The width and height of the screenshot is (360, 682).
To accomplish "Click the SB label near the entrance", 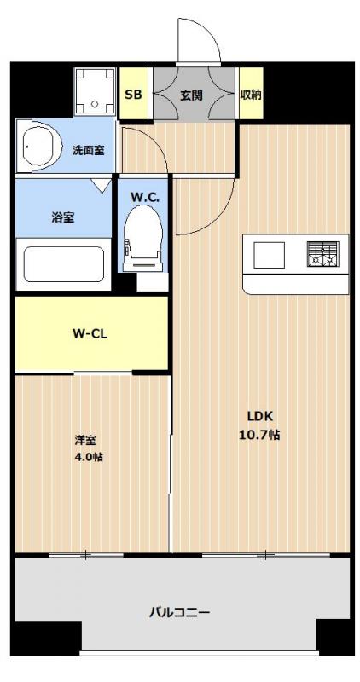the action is click(133, 95).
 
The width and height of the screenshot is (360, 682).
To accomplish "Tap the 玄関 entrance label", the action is click(192, 95).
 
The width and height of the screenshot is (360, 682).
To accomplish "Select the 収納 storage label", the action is click(251, 95).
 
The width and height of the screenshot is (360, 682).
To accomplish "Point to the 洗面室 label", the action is click(88, 151).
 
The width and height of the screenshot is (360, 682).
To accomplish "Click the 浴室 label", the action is click(63, 217).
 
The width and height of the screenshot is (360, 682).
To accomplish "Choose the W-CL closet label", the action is click(90, 334).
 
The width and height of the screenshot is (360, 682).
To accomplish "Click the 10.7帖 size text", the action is click(259, 435).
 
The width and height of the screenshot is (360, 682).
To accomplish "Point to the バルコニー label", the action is click(180, 613).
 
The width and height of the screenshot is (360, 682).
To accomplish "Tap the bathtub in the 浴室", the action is click(64, 264).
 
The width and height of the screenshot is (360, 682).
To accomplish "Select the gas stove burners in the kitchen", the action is click(322, 253).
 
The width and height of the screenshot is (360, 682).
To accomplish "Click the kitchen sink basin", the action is click(268, 255).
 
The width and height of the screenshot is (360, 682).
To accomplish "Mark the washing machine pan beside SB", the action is click(95, 91).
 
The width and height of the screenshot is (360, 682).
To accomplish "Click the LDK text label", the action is click(260, 416).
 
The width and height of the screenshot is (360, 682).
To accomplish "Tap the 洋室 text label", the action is click(85, 440).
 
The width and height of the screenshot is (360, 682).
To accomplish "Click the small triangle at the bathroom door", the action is click(101, 185).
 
